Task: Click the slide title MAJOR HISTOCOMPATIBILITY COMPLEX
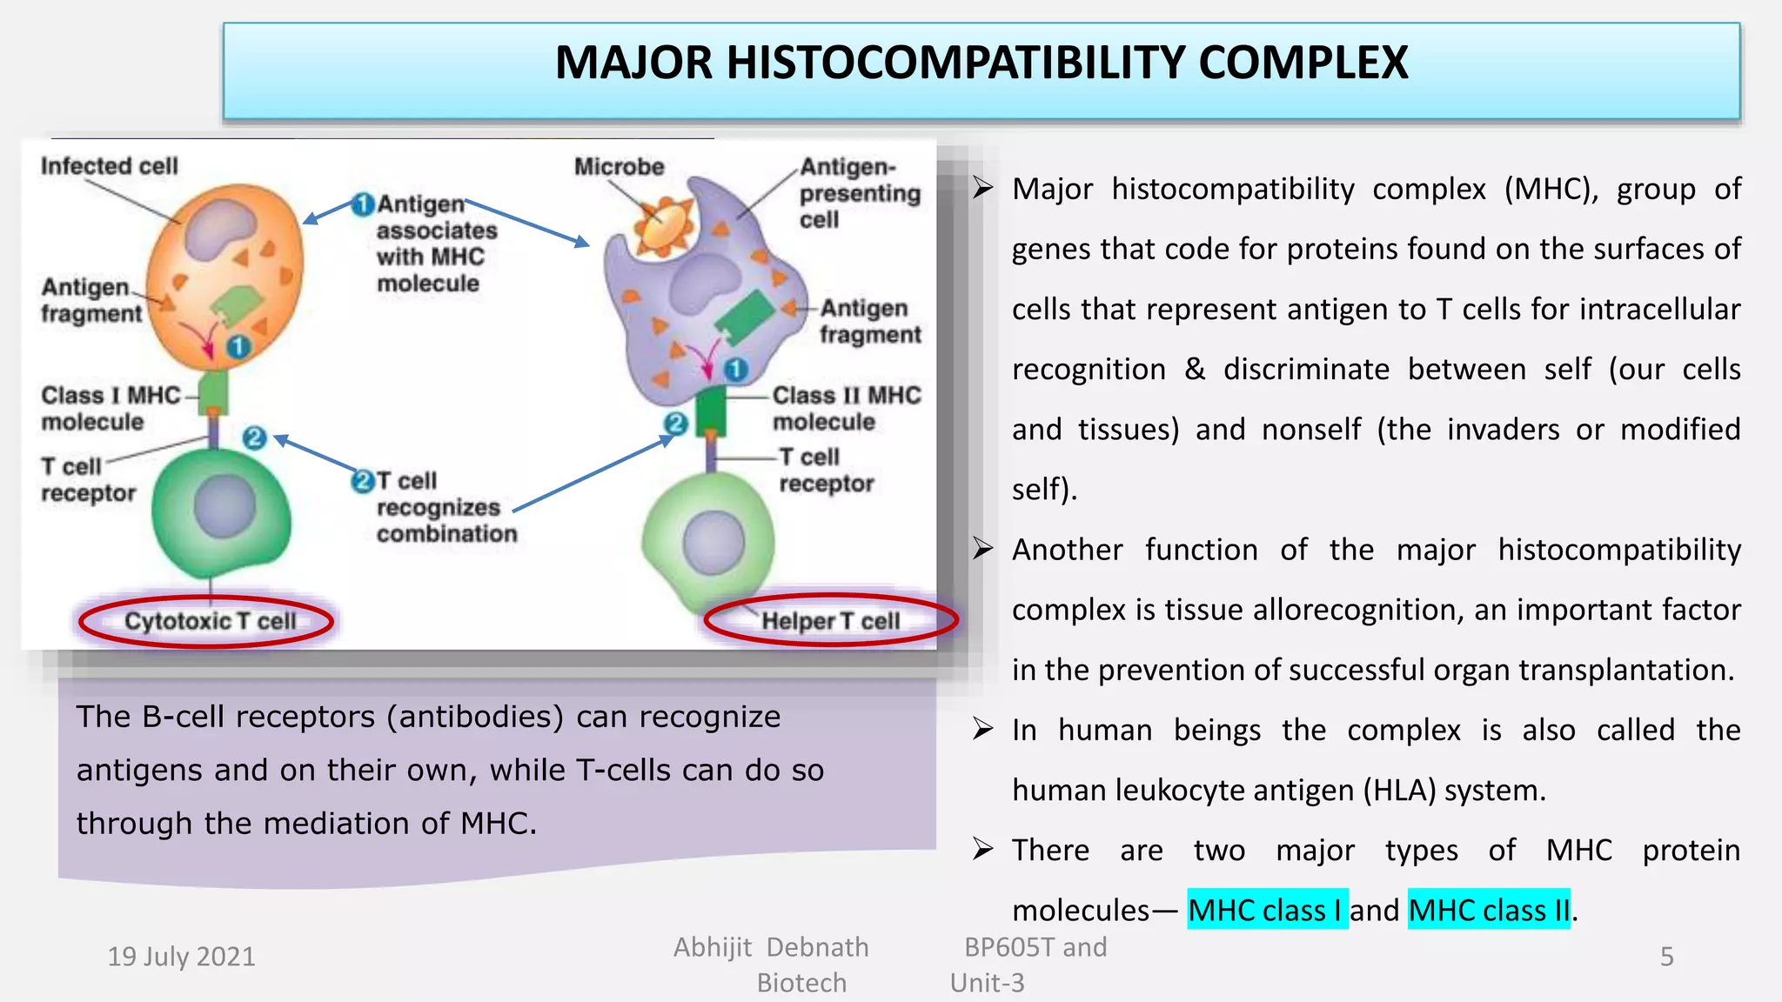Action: coord(981,63)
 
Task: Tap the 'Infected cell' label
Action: coord(109,165)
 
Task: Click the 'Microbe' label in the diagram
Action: coord(619,166)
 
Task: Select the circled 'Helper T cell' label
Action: coord(830,621)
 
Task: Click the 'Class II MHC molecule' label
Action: coord(846,408)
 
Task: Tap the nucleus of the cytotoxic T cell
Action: coord(224,507)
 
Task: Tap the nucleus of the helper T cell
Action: coord(713,543)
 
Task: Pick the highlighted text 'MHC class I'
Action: coord(1267,910)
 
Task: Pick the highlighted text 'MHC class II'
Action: coord(1489,910)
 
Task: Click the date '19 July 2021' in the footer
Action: coord(181,957)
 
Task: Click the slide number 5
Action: coord(1666,957)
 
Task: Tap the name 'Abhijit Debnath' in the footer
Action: coord(771,947)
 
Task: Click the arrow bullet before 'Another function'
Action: coord(983,549)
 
